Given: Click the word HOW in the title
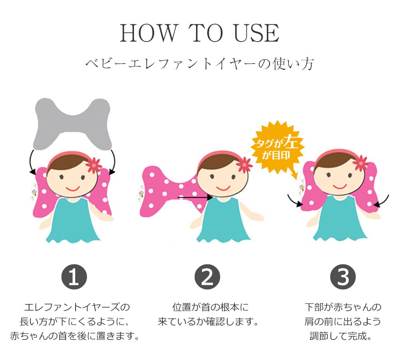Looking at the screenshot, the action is pos(148,33).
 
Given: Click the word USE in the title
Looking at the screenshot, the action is pos(256,33).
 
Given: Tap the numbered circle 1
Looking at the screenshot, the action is pos(74,277).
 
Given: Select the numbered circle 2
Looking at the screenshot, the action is pos(207,277).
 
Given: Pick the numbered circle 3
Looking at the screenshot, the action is pos(343,277).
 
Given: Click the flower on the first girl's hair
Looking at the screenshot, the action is pos(94,165).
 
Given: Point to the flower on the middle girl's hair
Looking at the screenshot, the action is pos(244,165).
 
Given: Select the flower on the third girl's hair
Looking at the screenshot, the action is pos(360,163).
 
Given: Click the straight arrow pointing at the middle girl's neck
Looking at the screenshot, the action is pos(195,197).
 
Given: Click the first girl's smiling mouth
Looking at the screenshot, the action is pos(73,189).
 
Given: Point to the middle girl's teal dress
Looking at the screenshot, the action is pos(223,220).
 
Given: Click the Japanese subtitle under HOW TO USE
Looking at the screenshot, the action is pos(199,64).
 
